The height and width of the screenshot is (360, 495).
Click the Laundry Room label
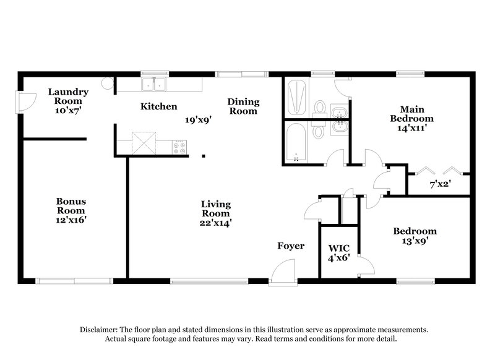point(68,96)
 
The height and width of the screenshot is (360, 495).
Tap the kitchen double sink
point(153,84)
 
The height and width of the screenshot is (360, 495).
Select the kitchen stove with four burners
point(180,147)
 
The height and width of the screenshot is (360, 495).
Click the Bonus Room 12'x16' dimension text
point(71,219)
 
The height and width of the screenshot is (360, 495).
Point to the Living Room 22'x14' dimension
point(215,221)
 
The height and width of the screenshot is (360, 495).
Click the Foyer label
point(290,246)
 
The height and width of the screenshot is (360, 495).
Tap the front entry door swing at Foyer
point(284,272)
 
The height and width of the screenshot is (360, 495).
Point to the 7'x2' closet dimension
point(440,184)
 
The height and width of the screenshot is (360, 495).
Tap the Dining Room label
point(243,106)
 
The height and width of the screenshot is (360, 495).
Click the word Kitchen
point(159,106)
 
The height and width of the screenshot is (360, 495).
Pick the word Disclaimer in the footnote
point(101,330)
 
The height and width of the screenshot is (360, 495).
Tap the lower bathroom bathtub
point(296,142)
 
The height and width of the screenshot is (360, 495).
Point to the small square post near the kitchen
point(204,156)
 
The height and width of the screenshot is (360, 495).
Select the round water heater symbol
point(107,83)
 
